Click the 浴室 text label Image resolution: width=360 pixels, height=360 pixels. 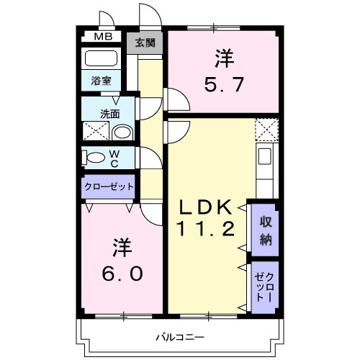(x=102, y=81)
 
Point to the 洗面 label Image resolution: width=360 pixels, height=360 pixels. (x=109, y=113)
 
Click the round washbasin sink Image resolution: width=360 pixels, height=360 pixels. (x=123, y=132)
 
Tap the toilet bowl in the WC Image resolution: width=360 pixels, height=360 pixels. (x=92, y=158)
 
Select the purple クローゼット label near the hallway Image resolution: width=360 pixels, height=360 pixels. (x=109, y=186)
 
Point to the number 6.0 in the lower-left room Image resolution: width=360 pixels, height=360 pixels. (x=120, y=274)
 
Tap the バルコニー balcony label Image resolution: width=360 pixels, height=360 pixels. (x=181, y=337)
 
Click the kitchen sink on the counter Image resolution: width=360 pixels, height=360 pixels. (x=264, y=157)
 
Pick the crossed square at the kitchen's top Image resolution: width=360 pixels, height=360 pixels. (x=266, y=130)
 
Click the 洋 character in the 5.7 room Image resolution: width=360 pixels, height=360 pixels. (x=222, y=55)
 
